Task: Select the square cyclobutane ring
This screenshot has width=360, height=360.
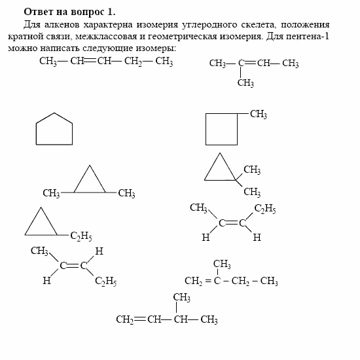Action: pos(221,129)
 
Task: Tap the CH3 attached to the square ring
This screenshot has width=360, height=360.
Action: pos(258,115)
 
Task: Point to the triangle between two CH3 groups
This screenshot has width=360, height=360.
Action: pos(90,181)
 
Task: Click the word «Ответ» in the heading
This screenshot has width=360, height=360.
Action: pos(39,12)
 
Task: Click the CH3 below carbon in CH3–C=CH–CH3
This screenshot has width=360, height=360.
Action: pos(245,83)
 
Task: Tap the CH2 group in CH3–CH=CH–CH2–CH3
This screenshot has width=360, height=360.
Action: pos(133,62)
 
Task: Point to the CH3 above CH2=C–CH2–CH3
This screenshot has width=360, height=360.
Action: pos(221,264)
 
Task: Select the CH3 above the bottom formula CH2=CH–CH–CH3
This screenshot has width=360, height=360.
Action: pos(181,298)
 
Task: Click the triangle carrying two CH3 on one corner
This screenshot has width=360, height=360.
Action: pos(221,169)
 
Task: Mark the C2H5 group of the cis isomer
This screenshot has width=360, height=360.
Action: pos(265,209)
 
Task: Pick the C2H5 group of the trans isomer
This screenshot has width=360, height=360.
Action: pos(105,281)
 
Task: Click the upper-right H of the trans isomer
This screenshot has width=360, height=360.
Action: pos(99,251)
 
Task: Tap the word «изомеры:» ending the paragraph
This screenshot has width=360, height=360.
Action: pos(157,49)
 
